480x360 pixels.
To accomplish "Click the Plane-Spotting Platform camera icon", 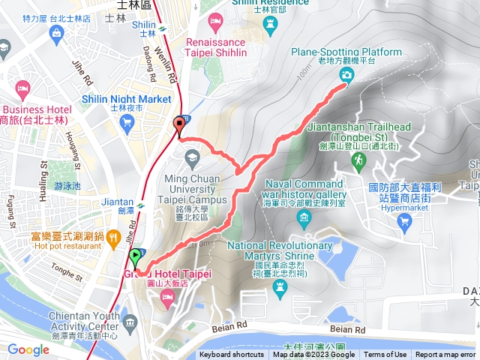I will (346, 74).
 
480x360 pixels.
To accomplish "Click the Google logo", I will (28, 349).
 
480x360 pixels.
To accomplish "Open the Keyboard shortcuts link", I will (232, 355).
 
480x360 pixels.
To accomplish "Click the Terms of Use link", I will (385, 355).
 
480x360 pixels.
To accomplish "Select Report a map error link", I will (445, 355).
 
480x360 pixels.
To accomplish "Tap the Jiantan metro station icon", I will (140, 202).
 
